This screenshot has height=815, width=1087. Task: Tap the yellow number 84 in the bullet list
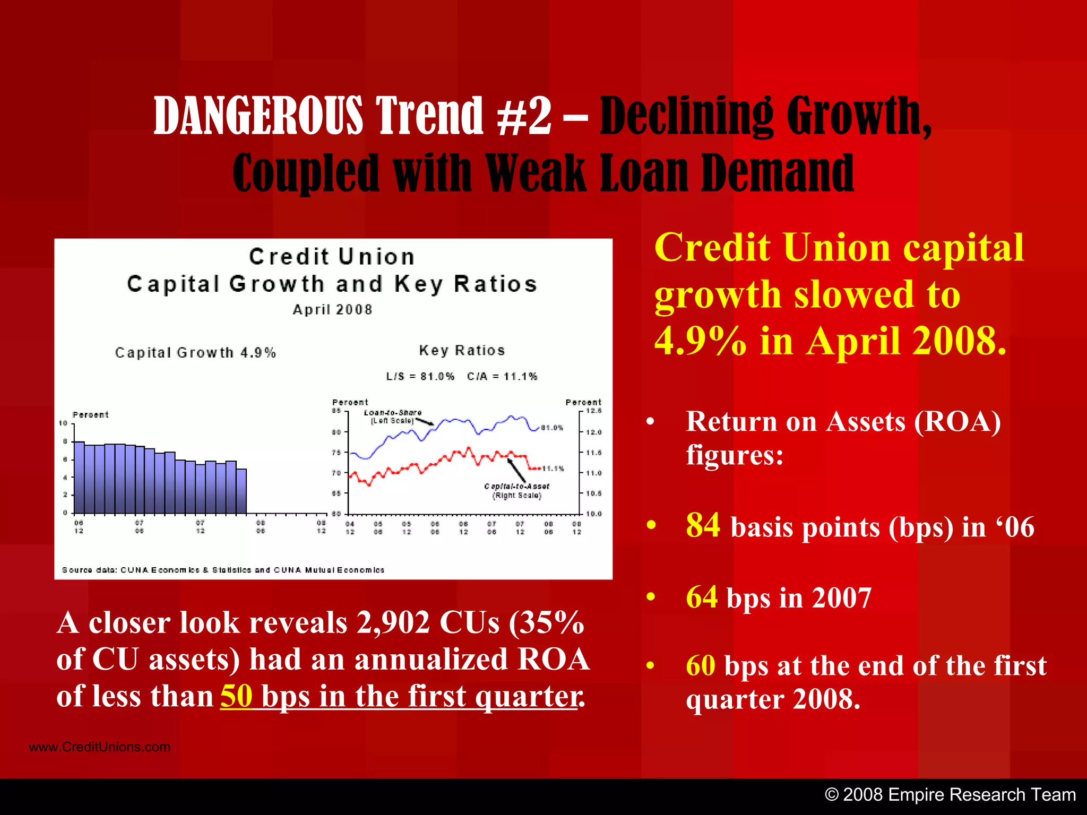(703, 525)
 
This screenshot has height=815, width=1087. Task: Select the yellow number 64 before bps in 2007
(702, 597)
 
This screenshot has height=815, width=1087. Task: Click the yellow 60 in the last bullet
(701, 665)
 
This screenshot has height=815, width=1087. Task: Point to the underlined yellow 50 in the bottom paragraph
(236, 696)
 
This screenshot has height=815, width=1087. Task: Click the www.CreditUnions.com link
(100, 747)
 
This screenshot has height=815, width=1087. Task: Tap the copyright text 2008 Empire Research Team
(950, 795)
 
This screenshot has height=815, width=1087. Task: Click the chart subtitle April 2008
(333, 310)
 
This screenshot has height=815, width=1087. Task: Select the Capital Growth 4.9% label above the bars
(195, 353)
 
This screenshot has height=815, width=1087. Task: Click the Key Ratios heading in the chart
(462, 351)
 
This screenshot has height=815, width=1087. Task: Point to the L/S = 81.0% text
(420, 377)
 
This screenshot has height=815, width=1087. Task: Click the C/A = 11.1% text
(502, 377)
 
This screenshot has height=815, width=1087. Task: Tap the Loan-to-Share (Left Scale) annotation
(392, 417)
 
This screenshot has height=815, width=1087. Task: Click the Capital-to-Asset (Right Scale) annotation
(516, 491)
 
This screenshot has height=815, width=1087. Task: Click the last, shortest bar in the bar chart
(241, 491)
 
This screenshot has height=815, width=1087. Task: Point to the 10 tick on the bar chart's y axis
(63, 423)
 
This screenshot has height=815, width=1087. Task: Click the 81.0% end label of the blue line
(552, 428)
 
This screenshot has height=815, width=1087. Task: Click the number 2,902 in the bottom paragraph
(393, 622)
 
